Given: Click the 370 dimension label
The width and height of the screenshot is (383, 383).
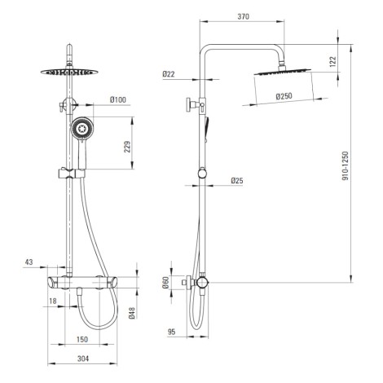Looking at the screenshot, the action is [243, 16].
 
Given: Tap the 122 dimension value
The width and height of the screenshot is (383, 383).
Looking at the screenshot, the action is [332, 62].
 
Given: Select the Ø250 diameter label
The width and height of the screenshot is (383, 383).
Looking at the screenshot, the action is [284, 96].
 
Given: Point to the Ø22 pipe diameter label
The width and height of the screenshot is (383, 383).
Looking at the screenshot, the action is [169, 74].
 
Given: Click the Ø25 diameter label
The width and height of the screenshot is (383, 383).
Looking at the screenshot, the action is [237, 181].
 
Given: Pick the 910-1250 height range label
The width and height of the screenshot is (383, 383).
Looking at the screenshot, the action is [345, 166].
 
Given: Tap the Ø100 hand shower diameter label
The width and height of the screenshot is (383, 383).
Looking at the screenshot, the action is [118, 99].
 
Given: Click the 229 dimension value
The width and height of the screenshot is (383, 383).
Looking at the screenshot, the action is [127, 147].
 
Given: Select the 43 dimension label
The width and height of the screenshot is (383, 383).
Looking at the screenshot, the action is [29, 262].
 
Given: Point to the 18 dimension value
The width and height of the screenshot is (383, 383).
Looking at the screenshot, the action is [53, 301].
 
